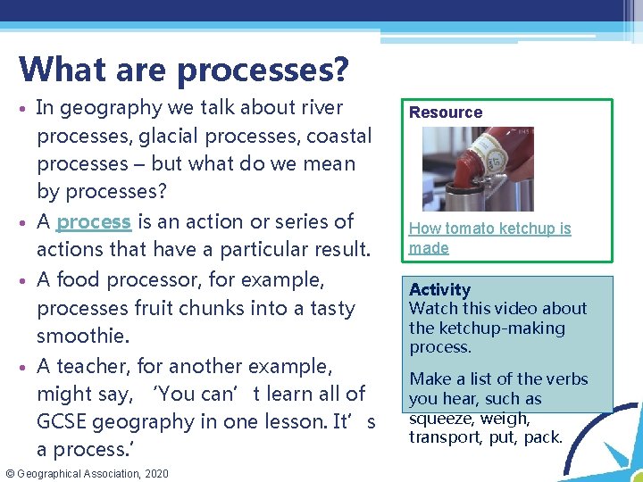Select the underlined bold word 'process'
pos(94,221)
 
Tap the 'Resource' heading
pos(446,112)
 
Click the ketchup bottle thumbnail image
pos(489,169)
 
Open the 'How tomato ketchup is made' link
pos(489,238)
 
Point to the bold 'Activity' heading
pos(439,289)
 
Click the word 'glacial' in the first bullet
pos(169,136)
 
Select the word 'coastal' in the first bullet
pos(338,136)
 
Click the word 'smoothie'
pos(80,337)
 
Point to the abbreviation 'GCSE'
pos(64,421)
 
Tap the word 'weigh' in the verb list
pos(505,418)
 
